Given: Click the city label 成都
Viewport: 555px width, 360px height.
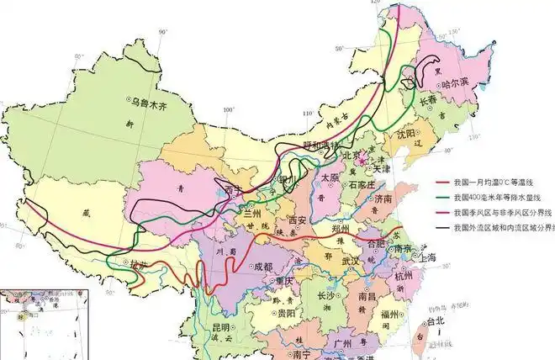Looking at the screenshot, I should (262, 267).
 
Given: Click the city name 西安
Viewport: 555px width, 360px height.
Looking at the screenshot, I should (299, 220).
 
